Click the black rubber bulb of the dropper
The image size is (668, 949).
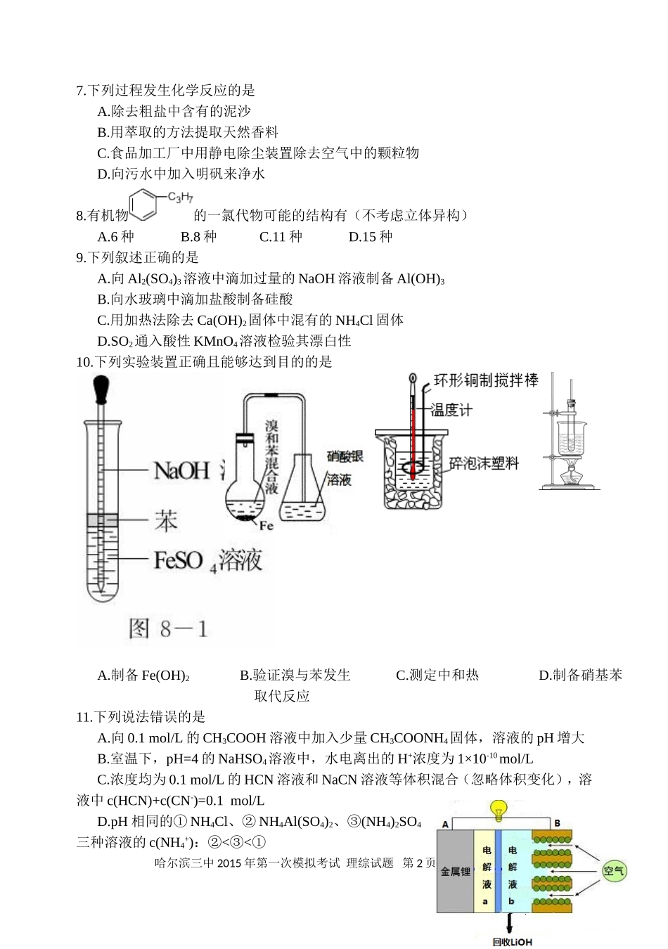(101, 389)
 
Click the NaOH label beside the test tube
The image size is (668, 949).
(181, 470)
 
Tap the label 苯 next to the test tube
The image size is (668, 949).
(166, 521)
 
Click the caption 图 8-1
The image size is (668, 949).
(168, 628)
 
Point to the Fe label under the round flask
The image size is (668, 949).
(266, 525)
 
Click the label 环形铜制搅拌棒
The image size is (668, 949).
(486, 380)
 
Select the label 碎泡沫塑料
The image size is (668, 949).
(484, 463)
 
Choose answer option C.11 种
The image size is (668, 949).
(281, 237)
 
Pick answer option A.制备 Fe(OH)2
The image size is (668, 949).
(143, 676)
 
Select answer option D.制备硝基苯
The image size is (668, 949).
(580, 676)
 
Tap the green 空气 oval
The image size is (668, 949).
(614, 871)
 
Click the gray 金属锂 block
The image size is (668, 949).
(455, 872)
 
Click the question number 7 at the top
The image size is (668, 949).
(79, 91)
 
